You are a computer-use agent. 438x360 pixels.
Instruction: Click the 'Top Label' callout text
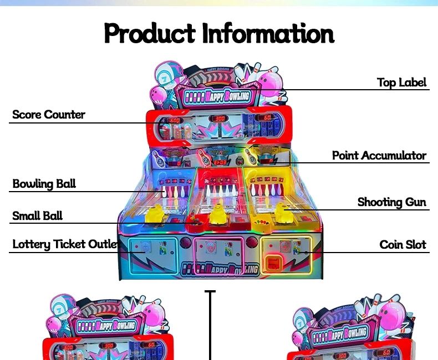(x=401, y=83)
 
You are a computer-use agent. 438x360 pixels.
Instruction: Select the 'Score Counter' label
(x=49, y=115)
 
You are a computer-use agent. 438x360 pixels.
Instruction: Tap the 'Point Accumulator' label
(x=379, y=156)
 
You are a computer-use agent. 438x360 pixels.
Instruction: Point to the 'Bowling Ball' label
(x=44, y=184)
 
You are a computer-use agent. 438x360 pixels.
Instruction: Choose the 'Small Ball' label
(x=38, y=216)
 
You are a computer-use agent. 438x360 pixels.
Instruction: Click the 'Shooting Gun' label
(x=391, y=202)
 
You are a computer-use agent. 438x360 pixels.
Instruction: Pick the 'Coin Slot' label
(x=403, y=244)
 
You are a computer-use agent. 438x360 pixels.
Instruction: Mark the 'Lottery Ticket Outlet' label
(x=65, y=244)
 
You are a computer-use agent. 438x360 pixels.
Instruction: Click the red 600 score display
(x=175, y=120)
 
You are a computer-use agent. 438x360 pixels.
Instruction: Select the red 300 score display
(x=220, y=119)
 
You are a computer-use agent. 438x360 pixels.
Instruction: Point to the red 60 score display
(x=266, y=117)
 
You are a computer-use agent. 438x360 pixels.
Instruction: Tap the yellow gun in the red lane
(x=218, y=214)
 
